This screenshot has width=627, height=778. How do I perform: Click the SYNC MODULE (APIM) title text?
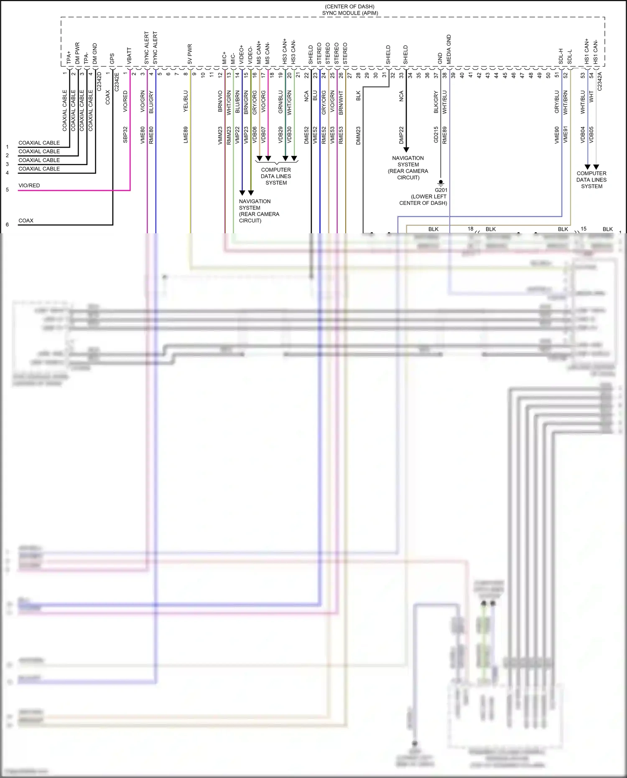[x=350, y=13]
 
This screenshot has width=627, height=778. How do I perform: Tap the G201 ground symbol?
[x=441, y=183]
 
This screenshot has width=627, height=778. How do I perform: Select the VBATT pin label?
[x=129, y=56]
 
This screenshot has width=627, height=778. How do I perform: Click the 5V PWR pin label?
[x=190, y=54]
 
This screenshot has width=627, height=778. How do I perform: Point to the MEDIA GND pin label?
[x=449, y=49]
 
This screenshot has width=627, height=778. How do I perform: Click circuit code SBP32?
[x=125, y=135]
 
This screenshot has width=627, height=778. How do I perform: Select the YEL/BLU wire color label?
[x=186, y=101]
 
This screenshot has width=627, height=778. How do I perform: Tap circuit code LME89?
[x=186, y=135]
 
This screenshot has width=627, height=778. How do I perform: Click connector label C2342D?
[x=99, y=82]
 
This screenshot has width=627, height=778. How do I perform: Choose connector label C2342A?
[x=599, y=81]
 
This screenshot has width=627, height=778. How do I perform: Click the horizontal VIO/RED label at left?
[x=29, y=185]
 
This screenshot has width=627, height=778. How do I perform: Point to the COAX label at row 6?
[x=26, y=220]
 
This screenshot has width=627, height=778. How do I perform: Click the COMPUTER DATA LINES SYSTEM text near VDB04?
[x=591, y=180]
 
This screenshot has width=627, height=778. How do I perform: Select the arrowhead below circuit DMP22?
[x=406, y=150]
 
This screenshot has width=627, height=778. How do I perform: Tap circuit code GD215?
[x=436, y=135]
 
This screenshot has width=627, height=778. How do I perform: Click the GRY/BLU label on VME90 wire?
[x=557, y=102]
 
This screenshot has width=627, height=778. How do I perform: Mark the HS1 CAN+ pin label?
[x=586, y=52]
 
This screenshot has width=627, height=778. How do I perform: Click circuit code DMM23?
[x=358, y=135]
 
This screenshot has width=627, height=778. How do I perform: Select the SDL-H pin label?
[x=561, y=56]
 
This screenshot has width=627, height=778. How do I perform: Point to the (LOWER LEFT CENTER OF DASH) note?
[x=423, y=200]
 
